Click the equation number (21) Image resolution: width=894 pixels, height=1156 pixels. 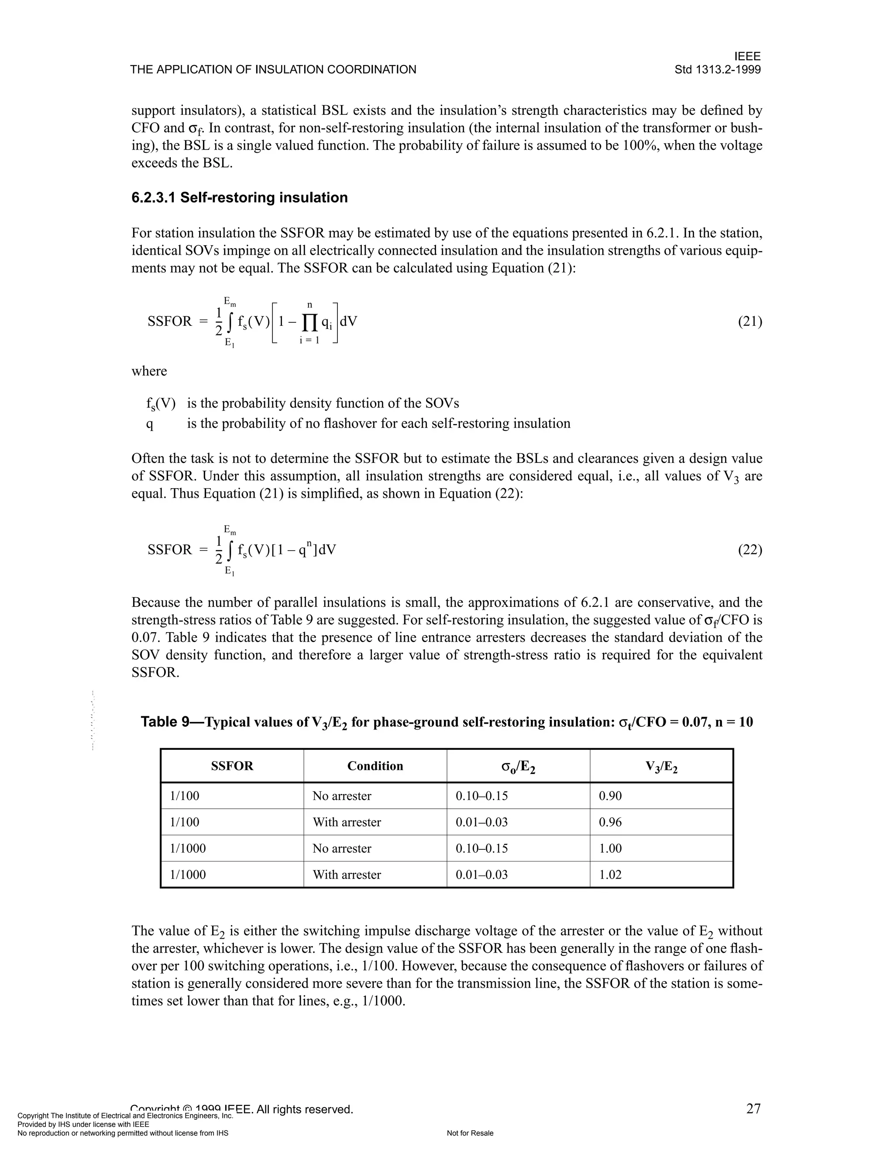(750, 321)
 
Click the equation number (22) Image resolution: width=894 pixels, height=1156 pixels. (750, 550)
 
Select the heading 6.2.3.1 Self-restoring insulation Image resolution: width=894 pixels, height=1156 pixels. (239, 198)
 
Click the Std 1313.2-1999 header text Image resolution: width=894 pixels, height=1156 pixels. (717, 69)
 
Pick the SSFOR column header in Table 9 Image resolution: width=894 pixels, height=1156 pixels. (232, 766)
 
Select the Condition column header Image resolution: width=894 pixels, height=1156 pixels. (375, 766)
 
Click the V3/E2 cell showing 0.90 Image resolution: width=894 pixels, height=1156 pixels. (610, 796)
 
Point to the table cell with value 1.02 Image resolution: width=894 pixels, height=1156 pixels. (610, 874)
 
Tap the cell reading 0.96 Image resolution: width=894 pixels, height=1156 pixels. (610, 822)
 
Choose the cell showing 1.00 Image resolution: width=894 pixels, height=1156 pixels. (610, 848)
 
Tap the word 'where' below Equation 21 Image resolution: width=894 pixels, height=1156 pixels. (149, 371)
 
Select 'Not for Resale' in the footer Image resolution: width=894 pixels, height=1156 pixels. (470, 1133)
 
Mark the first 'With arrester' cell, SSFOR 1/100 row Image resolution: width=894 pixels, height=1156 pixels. (346, 822)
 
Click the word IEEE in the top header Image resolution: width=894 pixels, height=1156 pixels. (747, 57)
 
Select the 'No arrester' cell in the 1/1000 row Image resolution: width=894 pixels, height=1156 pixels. (342, 848)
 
